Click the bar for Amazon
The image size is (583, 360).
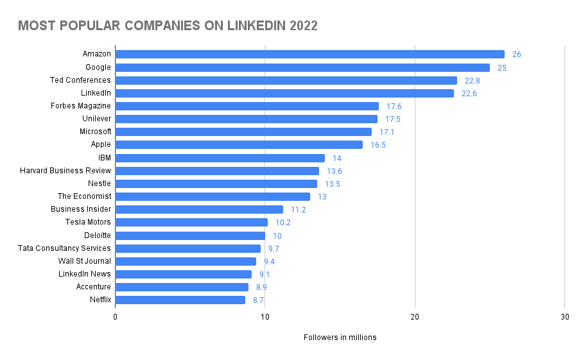click(x=309, y=55)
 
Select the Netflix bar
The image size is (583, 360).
click(x=180, y=300)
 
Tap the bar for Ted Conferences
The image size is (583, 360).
click(x=286, y=80)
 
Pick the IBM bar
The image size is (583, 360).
click(x=220, y=158)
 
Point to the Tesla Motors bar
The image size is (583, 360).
click(x=191, y=222)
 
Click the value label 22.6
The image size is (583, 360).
click(x=469, y=94)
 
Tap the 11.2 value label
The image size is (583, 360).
click(x=299, y=209)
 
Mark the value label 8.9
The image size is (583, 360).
click(x=261, y=287)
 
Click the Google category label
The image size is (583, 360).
click(x=98, y=67)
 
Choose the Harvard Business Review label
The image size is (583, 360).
click(x=65, y=171)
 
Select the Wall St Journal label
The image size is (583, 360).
click(x=84, y=261)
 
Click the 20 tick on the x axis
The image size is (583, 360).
click(x=415, y=317)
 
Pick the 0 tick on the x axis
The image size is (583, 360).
click(x=116, y=317)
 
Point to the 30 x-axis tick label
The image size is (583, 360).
click(x=564, y=317)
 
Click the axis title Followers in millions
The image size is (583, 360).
click(x=340, y=338)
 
